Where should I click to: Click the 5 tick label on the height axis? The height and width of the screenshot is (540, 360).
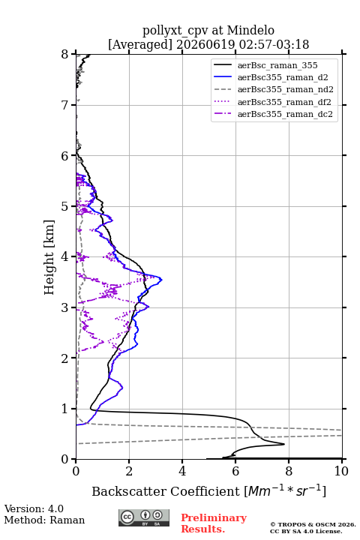pos(65,207)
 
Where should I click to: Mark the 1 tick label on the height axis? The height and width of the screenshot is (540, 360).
pos(65,409)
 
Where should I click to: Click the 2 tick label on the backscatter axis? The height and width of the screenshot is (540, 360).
pos(129,471)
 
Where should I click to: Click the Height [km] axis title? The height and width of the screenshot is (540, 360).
pos(49,257)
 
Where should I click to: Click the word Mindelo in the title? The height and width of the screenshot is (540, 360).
pos(250,30)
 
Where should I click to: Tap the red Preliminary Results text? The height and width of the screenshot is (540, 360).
pos(214,523)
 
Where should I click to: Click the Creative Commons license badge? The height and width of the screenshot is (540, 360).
pos(144,518)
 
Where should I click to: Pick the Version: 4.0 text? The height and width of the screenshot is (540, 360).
pos(34,508)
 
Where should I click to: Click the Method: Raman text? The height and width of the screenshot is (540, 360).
pos(44,520)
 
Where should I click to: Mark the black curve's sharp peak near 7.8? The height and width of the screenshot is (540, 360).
pos(284,444)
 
